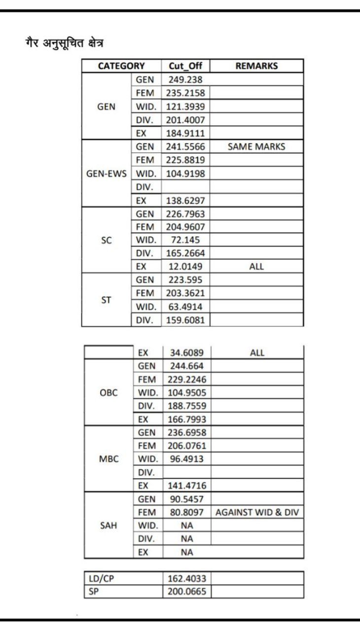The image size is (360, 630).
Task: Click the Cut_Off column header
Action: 185,66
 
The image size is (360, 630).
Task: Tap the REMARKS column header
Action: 256,66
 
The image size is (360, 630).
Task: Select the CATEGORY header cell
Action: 121,66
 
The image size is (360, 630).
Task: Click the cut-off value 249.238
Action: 185,79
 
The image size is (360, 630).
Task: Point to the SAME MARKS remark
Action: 256,146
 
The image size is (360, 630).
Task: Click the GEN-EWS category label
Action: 107,174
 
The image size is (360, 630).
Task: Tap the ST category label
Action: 106,300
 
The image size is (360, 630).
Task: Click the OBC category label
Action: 108,393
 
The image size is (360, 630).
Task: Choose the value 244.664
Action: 186,366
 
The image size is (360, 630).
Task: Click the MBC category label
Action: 108,459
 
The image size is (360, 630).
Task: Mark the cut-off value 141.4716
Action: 186,486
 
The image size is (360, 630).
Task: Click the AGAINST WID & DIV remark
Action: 257,513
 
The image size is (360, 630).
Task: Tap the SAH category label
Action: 108,525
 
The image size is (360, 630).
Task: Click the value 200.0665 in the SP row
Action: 186,592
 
